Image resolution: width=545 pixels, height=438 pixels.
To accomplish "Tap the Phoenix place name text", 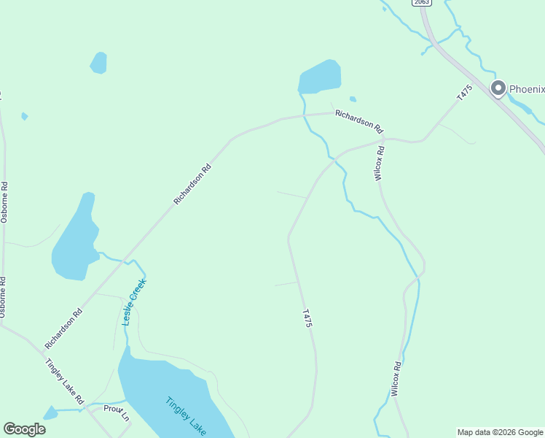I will [526, 89].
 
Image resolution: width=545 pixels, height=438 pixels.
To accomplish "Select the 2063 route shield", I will [420, 2].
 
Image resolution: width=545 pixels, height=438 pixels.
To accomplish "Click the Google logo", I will [24, 429].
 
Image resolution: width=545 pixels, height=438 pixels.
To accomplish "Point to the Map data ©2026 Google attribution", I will [500, 432].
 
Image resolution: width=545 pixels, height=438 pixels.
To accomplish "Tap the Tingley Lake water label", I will [186, 415].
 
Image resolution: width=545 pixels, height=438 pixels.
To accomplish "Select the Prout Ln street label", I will [116, 412].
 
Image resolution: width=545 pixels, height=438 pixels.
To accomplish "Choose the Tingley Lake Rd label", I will [65, 382].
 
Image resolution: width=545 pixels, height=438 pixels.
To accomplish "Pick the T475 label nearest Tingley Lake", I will [307, 317].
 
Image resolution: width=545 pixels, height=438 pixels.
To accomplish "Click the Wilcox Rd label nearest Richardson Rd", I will [379, 162].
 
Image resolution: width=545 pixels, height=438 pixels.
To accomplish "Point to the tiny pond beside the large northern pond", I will [353, 99].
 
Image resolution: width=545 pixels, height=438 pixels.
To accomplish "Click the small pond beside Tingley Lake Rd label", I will [50, 414].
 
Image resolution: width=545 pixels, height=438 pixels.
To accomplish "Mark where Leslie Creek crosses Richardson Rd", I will [125, 258].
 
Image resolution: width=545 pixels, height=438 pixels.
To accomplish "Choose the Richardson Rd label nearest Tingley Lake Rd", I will [63, 328].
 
